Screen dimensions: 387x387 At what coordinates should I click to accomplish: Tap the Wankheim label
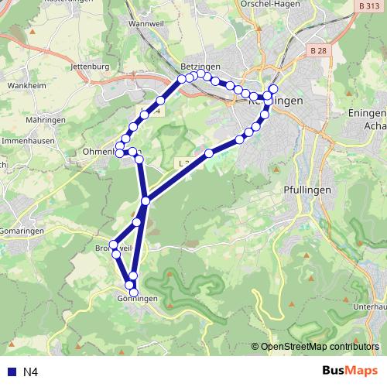[25, 85]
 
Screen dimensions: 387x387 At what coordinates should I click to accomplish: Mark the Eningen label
[368, 113]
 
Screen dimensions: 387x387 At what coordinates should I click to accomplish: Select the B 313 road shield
[372, 5]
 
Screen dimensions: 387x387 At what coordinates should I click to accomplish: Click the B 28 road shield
[317, 50]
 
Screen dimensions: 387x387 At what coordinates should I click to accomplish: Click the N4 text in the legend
[30, 372]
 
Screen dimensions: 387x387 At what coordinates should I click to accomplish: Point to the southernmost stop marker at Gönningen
[134, 293]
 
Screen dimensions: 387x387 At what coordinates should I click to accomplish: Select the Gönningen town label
[138, 300]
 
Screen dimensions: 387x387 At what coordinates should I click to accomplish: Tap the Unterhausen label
[370, 307]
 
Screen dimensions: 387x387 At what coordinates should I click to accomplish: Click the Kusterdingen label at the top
[68, 3]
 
